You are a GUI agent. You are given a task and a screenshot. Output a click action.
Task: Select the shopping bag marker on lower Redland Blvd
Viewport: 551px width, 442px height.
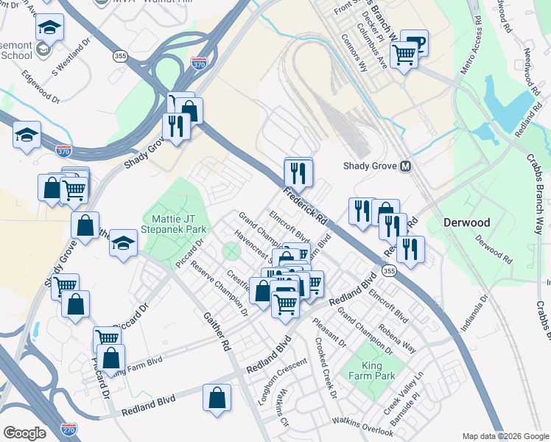click(x=217, y=399)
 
